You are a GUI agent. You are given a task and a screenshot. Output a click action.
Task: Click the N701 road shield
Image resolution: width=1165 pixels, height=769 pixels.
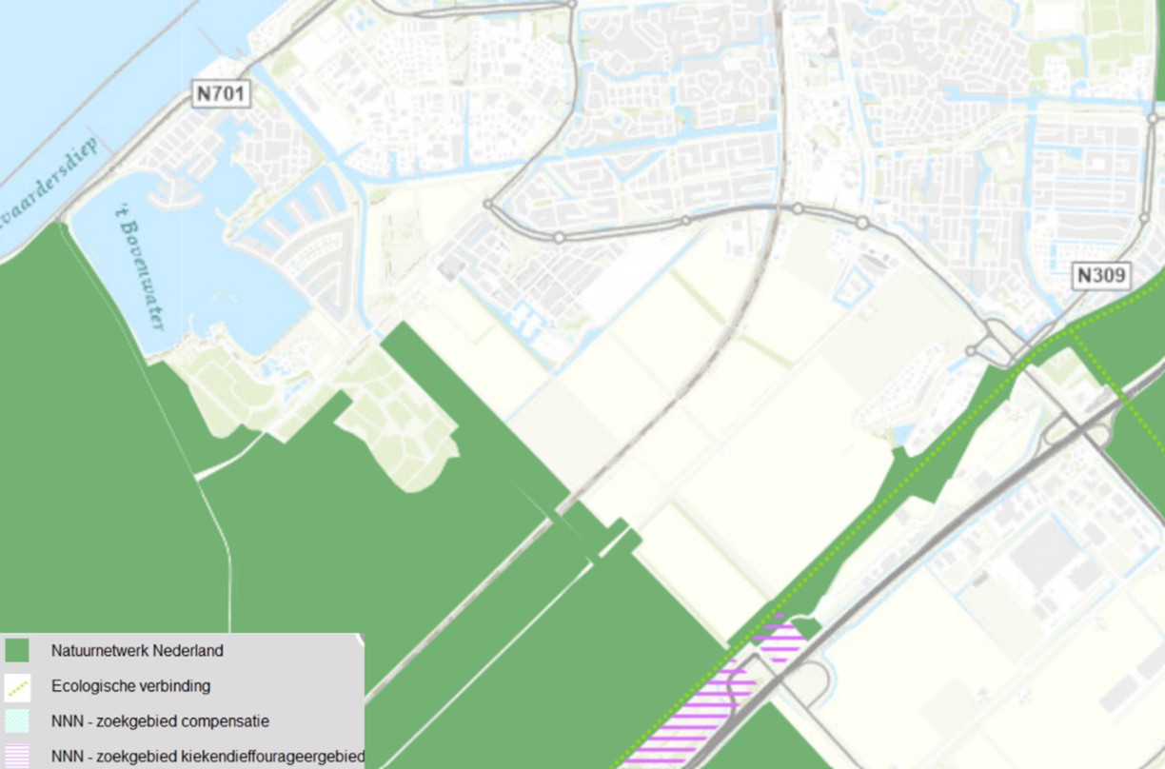222,93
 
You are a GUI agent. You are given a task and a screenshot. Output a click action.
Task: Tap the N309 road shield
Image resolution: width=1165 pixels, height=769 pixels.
1102,276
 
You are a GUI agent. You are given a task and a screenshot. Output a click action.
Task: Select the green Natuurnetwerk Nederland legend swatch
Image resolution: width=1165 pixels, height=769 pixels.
17,652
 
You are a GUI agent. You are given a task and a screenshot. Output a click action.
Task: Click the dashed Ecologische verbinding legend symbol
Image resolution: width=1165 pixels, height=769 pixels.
17,686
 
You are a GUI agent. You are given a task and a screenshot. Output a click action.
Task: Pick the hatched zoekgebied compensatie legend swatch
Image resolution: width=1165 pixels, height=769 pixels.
17,721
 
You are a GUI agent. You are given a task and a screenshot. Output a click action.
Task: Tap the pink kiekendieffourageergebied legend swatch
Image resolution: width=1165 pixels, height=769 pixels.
17,757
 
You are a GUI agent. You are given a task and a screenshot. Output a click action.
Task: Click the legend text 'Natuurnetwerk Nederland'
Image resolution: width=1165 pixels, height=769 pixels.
137,652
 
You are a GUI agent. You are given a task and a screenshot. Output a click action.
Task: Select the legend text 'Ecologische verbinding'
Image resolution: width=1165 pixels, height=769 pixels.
131,686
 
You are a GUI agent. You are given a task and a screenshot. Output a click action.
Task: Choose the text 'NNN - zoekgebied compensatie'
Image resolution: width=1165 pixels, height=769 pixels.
160,721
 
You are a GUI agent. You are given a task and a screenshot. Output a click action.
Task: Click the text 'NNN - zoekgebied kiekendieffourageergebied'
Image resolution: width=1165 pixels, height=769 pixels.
207,757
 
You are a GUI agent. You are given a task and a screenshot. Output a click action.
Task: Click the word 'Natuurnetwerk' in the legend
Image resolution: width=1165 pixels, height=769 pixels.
95,652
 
